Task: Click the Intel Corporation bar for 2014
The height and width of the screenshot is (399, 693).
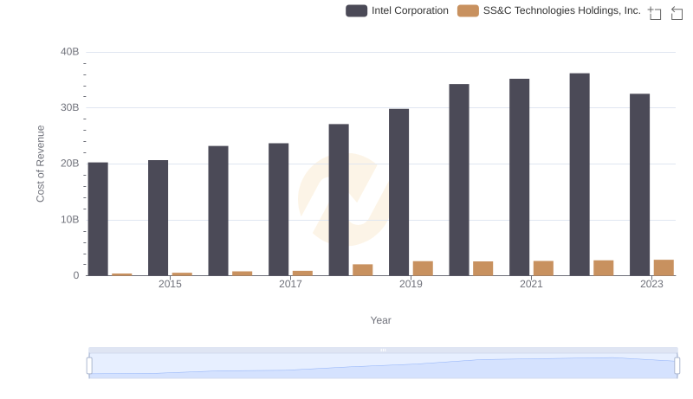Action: [98, 219]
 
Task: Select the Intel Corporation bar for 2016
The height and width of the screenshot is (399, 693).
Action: [218, 210]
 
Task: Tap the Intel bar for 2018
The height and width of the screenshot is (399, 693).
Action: [339, 200]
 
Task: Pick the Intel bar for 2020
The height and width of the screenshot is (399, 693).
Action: [459, 180]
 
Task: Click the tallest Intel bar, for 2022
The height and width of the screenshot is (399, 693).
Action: [580, 175]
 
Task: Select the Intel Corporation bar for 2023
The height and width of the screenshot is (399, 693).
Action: [639, 184]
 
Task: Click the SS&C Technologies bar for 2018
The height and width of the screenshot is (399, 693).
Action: [363, 270]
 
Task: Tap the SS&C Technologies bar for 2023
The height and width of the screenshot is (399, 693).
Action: [664, 267]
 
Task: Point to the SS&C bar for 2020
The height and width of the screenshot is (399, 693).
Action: [483, 268]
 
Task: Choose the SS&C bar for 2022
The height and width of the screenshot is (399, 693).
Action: [604, 268]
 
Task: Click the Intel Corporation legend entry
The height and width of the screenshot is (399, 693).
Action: [397, 10]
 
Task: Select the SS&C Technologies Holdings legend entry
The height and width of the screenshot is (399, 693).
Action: [549, 10]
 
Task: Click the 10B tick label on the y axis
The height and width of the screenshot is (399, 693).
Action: [70, 220]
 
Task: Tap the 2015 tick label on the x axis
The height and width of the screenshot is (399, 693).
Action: [170, 284]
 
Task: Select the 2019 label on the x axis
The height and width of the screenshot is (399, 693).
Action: [411, 284]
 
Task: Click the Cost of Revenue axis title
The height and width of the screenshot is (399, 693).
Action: [41, 164]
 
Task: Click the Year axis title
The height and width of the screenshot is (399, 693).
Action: [381, 320]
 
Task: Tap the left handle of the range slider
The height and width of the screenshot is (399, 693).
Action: [89, 365]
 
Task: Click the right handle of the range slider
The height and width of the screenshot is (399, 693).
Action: [677, 365]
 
